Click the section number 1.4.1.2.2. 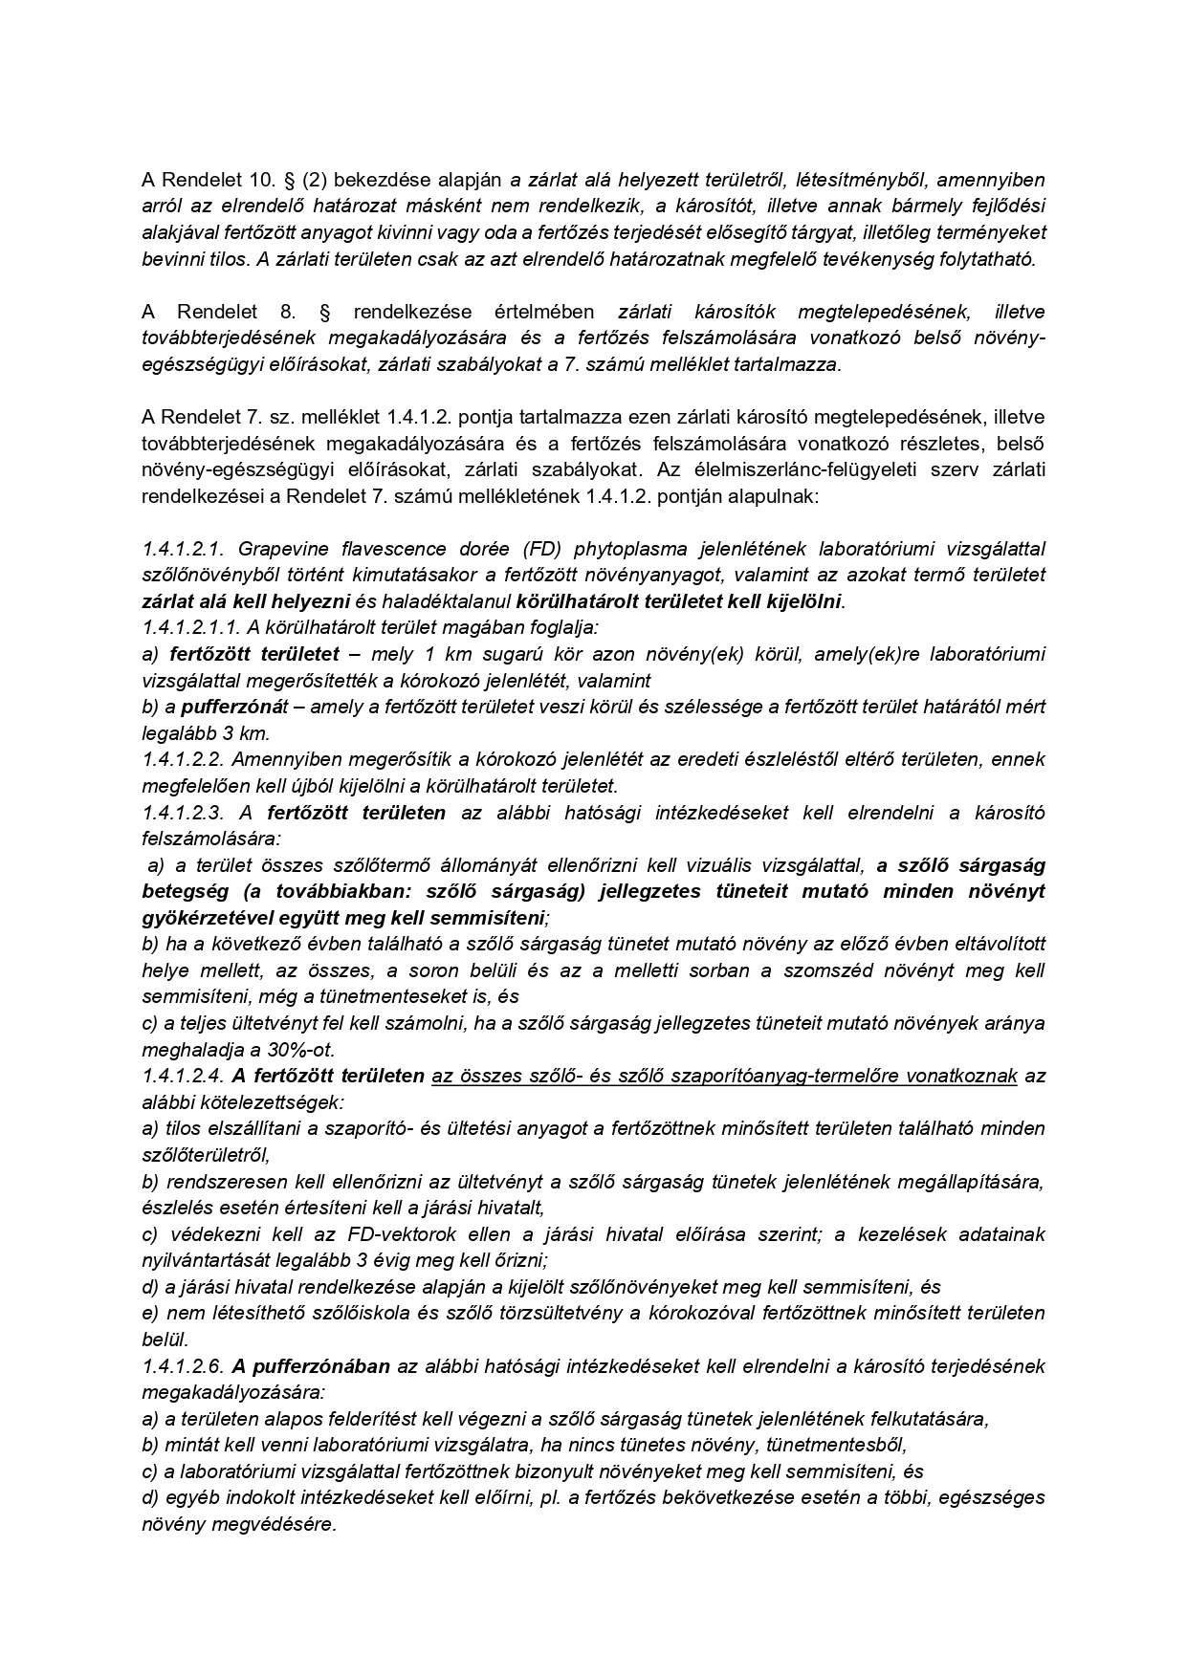[182, 759]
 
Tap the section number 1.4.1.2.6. [182, 1365]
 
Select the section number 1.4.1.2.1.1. [189, 628]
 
